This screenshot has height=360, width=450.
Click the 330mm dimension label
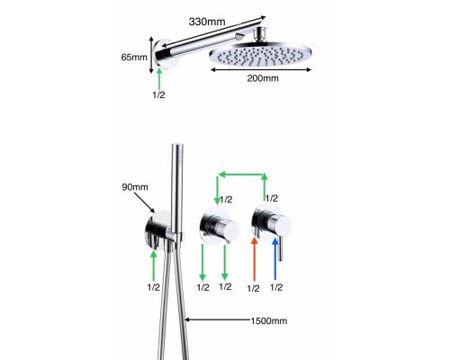point(207,22)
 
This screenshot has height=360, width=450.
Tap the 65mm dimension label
point(134,57)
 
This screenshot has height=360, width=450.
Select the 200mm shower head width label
point(263,78)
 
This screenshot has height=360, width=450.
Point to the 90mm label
point(135,187)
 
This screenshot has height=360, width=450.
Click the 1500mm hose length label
point(269,320)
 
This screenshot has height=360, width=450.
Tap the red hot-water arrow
point(255,259)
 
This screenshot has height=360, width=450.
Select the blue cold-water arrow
point(275,259)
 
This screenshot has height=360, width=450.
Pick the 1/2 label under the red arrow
point(253,288)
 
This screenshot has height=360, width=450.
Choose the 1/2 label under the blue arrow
point(276,287)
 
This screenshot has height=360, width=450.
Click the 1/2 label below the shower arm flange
point(158,94)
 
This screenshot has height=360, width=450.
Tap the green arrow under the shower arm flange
point(159,78)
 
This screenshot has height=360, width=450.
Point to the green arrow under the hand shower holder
point(154,265)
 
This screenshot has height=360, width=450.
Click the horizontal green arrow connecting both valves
point(241,175)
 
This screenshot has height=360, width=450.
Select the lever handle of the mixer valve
point(280,247)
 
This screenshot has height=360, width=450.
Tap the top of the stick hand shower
point(177,146)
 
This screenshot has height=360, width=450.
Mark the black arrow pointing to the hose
point(217,319)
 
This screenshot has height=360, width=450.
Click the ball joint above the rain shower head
point(260,33)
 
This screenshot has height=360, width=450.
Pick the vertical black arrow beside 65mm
point(151,55)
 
